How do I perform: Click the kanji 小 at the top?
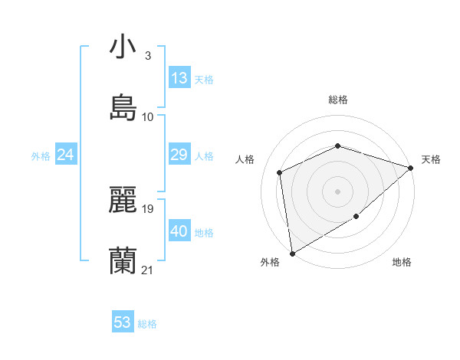click(x=123, y=47)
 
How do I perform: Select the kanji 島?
click(x=123, y=107)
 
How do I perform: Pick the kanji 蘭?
click(x=123, y=260)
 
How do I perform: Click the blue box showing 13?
click(x=179, y=78)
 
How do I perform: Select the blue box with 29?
click(x=179, y=155)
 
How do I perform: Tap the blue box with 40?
click(x=179, y=231)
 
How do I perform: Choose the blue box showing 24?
click(x=66, y=155)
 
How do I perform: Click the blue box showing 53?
click(x=123, y=322)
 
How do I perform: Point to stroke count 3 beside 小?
click(x=148, y=55)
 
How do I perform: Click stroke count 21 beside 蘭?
click(x=148, y=270)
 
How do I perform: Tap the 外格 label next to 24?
click(x=41, y=155)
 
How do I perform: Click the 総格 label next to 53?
click(x=147, y=324)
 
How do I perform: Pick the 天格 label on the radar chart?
click(x=431, y=159)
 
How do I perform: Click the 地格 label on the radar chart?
click(x=402, y=263)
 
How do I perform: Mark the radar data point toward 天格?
click(x=411, y=168)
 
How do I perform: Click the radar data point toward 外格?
click(x=292, y=254)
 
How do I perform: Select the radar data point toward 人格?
click(x=280, y=172)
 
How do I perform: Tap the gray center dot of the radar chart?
click(x=337, y=191)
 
